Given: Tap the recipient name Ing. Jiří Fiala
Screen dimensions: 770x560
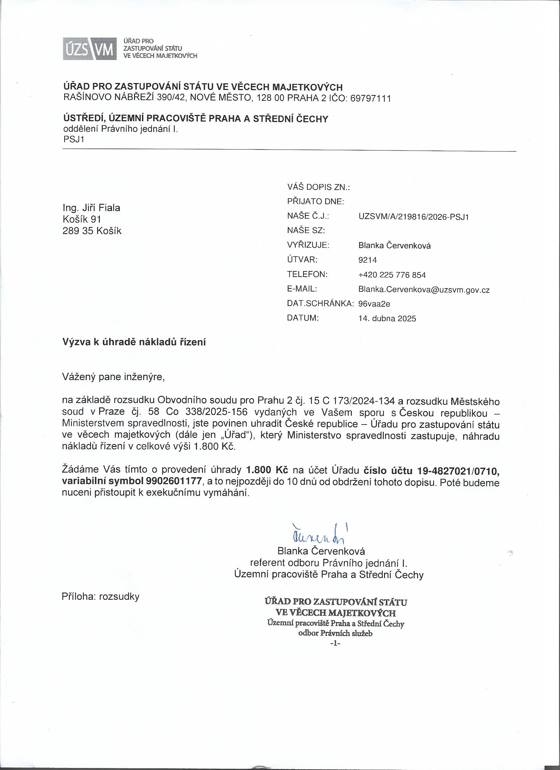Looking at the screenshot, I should pyautogui.click(x=91, y=208).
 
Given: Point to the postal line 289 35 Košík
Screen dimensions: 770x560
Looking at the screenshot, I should pyautogui.click(x=92, y=231).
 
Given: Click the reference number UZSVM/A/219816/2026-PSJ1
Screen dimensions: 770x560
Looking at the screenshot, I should pyautogui.click(x=413, y=217).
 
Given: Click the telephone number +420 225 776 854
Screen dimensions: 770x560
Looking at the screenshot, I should pyautogui.click(x=392, y=275).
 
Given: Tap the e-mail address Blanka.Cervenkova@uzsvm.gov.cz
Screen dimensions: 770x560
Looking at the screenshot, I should pyautogui.click(x=424, y=290).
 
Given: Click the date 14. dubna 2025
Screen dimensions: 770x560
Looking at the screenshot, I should pyautogui.click(x=387, y=319).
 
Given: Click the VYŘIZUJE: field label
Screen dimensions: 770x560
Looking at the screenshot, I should pyautogui.click(x=308, y=245).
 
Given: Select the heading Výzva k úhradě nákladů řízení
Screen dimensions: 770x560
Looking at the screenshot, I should pyautogui.click(x=134, y=342).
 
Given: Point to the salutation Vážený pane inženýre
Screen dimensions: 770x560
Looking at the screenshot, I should pyautogui.click(x=113, y=377).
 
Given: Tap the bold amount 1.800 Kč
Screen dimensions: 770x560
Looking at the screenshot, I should pyautogui.click(x=267, y=471).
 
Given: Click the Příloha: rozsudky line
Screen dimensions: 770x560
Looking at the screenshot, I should pyautogui.click(x=100, y=597).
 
